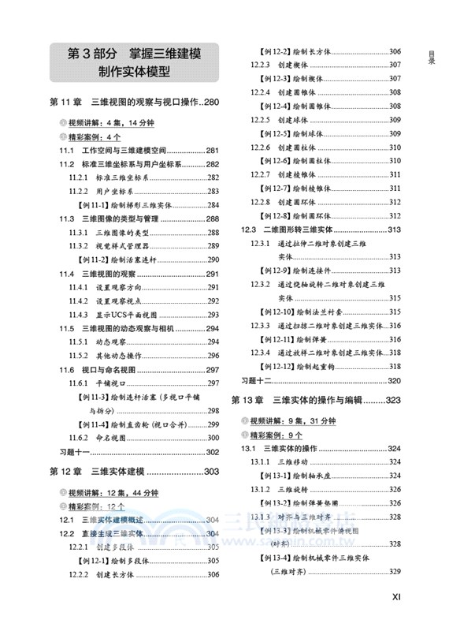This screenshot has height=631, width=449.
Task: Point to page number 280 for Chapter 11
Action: (206, 103)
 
